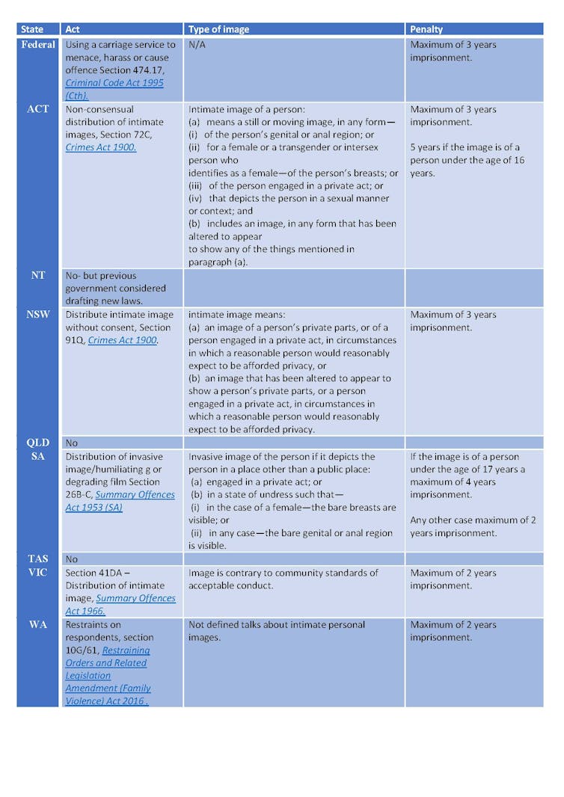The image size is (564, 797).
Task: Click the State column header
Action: [x=31, y=29]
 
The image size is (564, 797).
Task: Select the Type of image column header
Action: [x=218, y=29]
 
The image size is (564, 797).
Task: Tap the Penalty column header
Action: [x=426, y=29]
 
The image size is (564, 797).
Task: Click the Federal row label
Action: [x=38, y=44]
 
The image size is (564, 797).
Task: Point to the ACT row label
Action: [x=37, y=108]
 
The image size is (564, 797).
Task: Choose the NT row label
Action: [x=38, y=275]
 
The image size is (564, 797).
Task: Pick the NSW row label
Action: [x=38, y=314]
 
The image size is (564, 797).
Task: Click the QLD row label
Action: [x=38, y=443]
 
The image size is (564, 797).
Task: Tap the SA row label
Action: [x=38, y=456]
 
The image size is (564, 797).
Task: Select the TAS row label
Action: [x=38, y=558]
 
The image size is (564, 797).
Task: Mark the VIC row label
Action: [x=38, y=573]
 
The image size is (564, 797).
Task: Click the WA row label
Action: [x=38, y=624]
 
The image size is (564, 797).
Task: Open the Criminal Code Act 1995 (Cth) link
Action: [x=114, y=89]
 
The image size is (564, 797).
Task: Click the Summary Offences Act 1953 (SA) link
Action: [x=120, y=501]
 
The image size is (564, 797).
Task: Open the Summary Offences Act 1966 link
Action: [x=120, y=604]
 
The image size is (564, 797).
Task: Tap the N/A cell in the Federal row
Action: [x=197, y=45]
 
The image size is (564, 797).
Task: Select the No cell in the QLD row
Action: [x=72, y=443]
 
